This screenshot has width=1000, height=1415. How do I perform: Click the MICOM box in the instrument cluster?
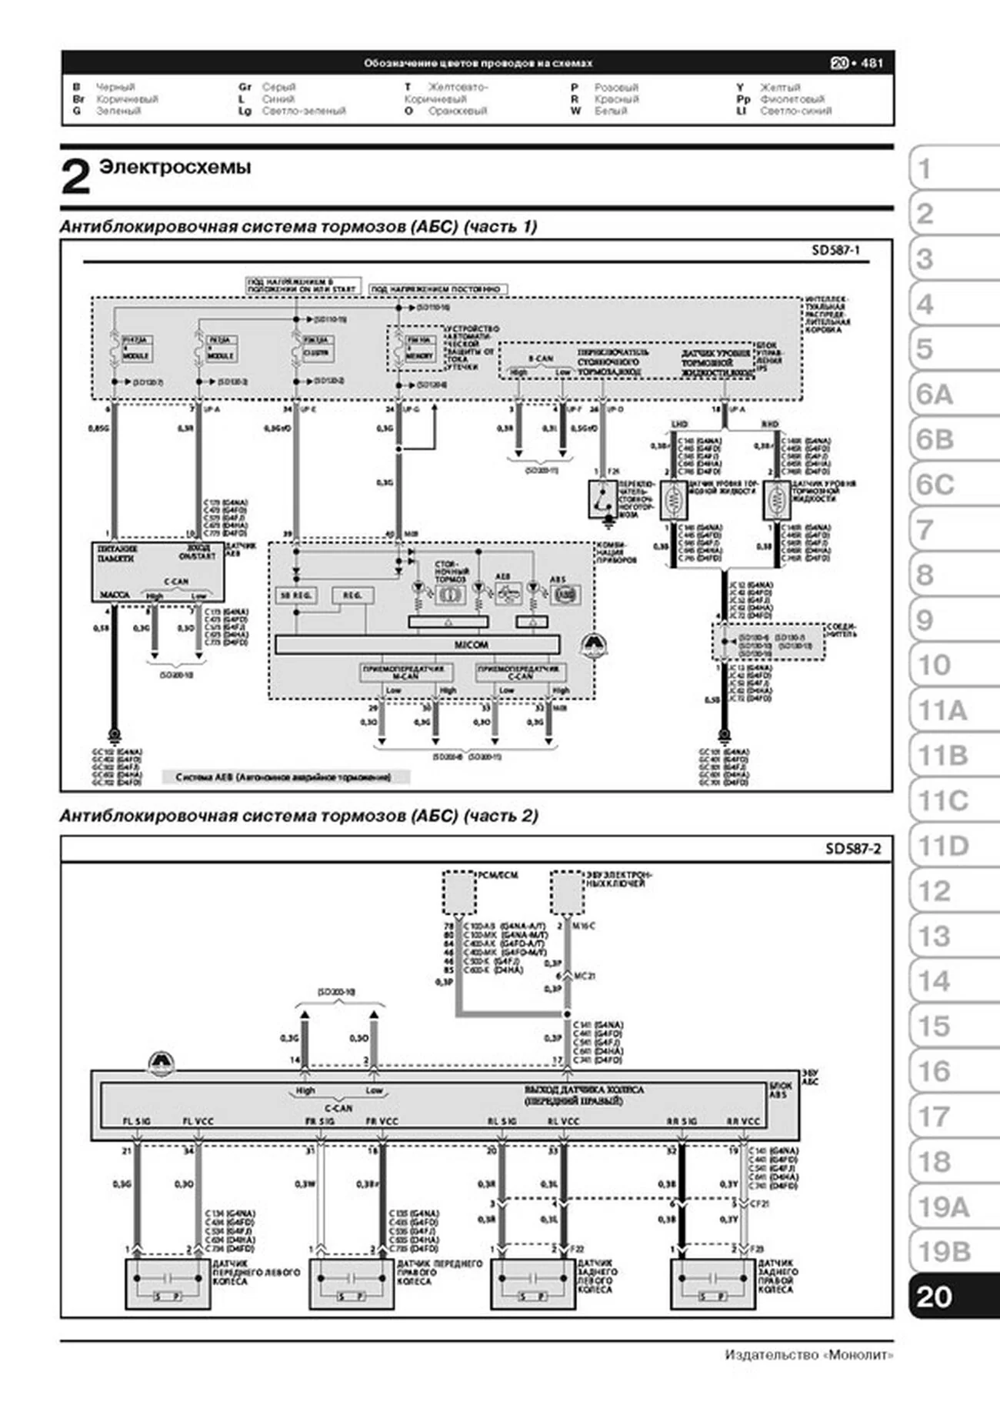click(x=417, y=645)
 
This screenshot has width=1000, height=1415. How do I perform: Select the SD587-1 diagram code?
click(x=835, y=250)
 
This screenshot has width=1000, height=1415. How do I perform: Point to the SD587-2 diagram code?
click(x=853, y=849)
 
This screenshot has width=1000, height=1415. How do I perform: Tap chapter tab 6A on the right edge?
click(x=935, y=395)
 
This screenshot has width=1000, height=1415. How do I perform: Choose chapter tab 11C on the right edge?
click(x=943, y=801)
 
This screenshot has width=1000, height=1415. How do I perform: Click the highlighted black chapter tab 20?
click(x=935, y=1297)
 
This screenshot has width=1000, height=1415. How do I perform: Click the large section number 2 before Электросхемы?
click(x=75, y=177)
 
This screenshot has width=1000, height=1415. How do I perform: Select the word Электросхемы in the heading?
click(x=175, y=167)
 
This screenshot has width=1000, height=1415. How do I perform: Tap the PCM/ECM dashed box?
click(x=458, y=893)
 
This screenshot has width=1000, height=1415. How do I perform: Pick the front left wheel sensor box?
click(x=168, y=1283)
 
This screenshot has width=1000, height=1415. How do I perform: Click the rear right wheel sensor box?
click(x=712, y=1283)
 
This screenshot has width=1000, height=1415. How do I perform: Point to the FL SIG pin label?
click(x=137, y=1121)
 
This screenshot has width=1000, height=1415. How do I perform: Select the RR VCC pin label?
click(x=743, y=1121)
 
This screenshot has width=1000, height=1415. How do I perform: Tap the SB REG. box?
click(x=295, y=596)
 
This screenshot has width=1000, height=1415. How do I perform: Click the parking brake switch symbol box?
click(x=602, y=499)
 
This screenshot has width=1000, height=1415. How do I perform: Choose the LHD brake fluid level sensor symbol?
click(x=674, y=500)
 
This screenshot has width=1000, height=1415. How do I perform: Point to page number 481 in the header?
click(x=872, y=63)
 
